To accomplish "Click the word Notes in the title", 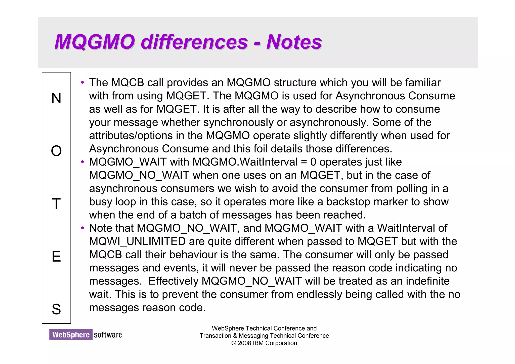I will pos(294,42).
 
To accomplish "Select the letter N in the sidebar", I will pos(56,98).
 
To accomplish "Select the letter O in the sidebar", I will pos(56,151).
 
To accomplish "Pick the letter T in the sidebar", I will pos(56,204).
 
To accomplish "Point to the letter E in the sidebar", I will pos(56,257).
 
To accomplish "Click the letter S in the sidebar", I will pos(56,309).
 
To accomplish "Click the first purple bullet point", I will pos(82,83).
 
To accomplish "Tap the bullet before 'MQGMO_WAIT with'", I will pos(82,162).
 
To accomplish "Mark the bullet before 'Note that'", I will pos(82,228).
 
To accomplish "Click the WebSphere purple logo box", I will pos(71,335).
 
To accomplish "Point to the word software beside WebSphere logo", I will pos(108,335).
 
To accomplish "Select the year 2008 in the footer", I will pos(244,343).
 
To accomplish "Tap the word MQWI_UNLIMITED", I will pos(137,241).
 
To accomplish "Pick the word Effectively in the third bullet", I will pos(173,281).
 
